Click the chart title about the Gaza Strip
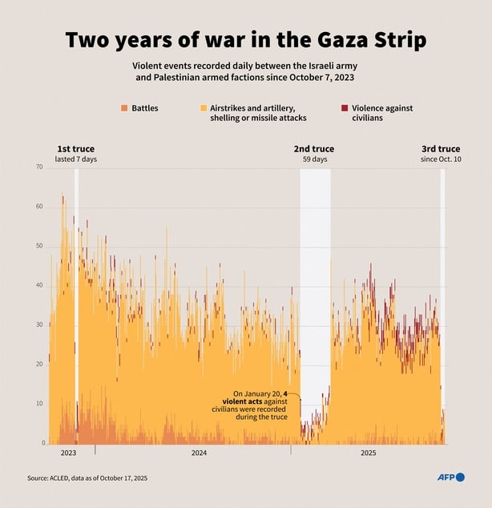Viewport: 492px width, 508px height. (x=245, y=41)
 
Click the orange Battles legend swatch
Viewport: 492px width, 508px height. (x=124, y=108)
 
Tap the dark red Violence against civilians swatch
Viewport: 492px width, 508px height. (x=345, y=108)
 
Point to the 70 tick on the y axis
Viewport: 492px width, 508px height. (x=38, y=167)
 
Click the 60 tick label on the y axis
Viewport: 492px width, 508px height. (x=38, y=207)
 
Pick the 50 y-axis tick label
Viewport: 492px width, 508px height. (x=38, y=246)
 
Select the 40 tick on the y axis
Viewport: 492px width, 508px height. (x=38, y=285)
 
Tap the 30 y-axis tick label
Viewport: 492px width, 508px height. (x=38, y=325)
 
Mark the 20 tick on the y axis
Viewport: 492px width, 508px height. (x=38, y=365)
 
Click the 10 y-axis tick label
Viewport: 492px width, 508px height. (x=38, y=404)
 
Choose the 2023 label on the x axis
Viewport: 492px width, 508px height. (x=68, y=454)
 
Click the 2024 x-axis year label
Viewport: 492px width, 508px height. (x=199, y=454)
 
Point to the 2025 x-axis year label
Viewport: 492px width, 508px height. (x=368, y=454)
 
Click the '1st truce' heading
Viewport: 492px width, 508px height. (x=75, y=149)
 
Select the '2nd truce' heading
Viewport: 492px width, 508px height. (x=314, y=149)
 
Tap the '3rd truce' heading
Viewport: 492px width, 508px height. (x=441, y=149)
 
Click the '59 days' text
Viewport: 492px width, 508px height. (x=314, y=159)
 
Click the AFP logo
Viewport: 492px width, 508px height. (x=450, y=478)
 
